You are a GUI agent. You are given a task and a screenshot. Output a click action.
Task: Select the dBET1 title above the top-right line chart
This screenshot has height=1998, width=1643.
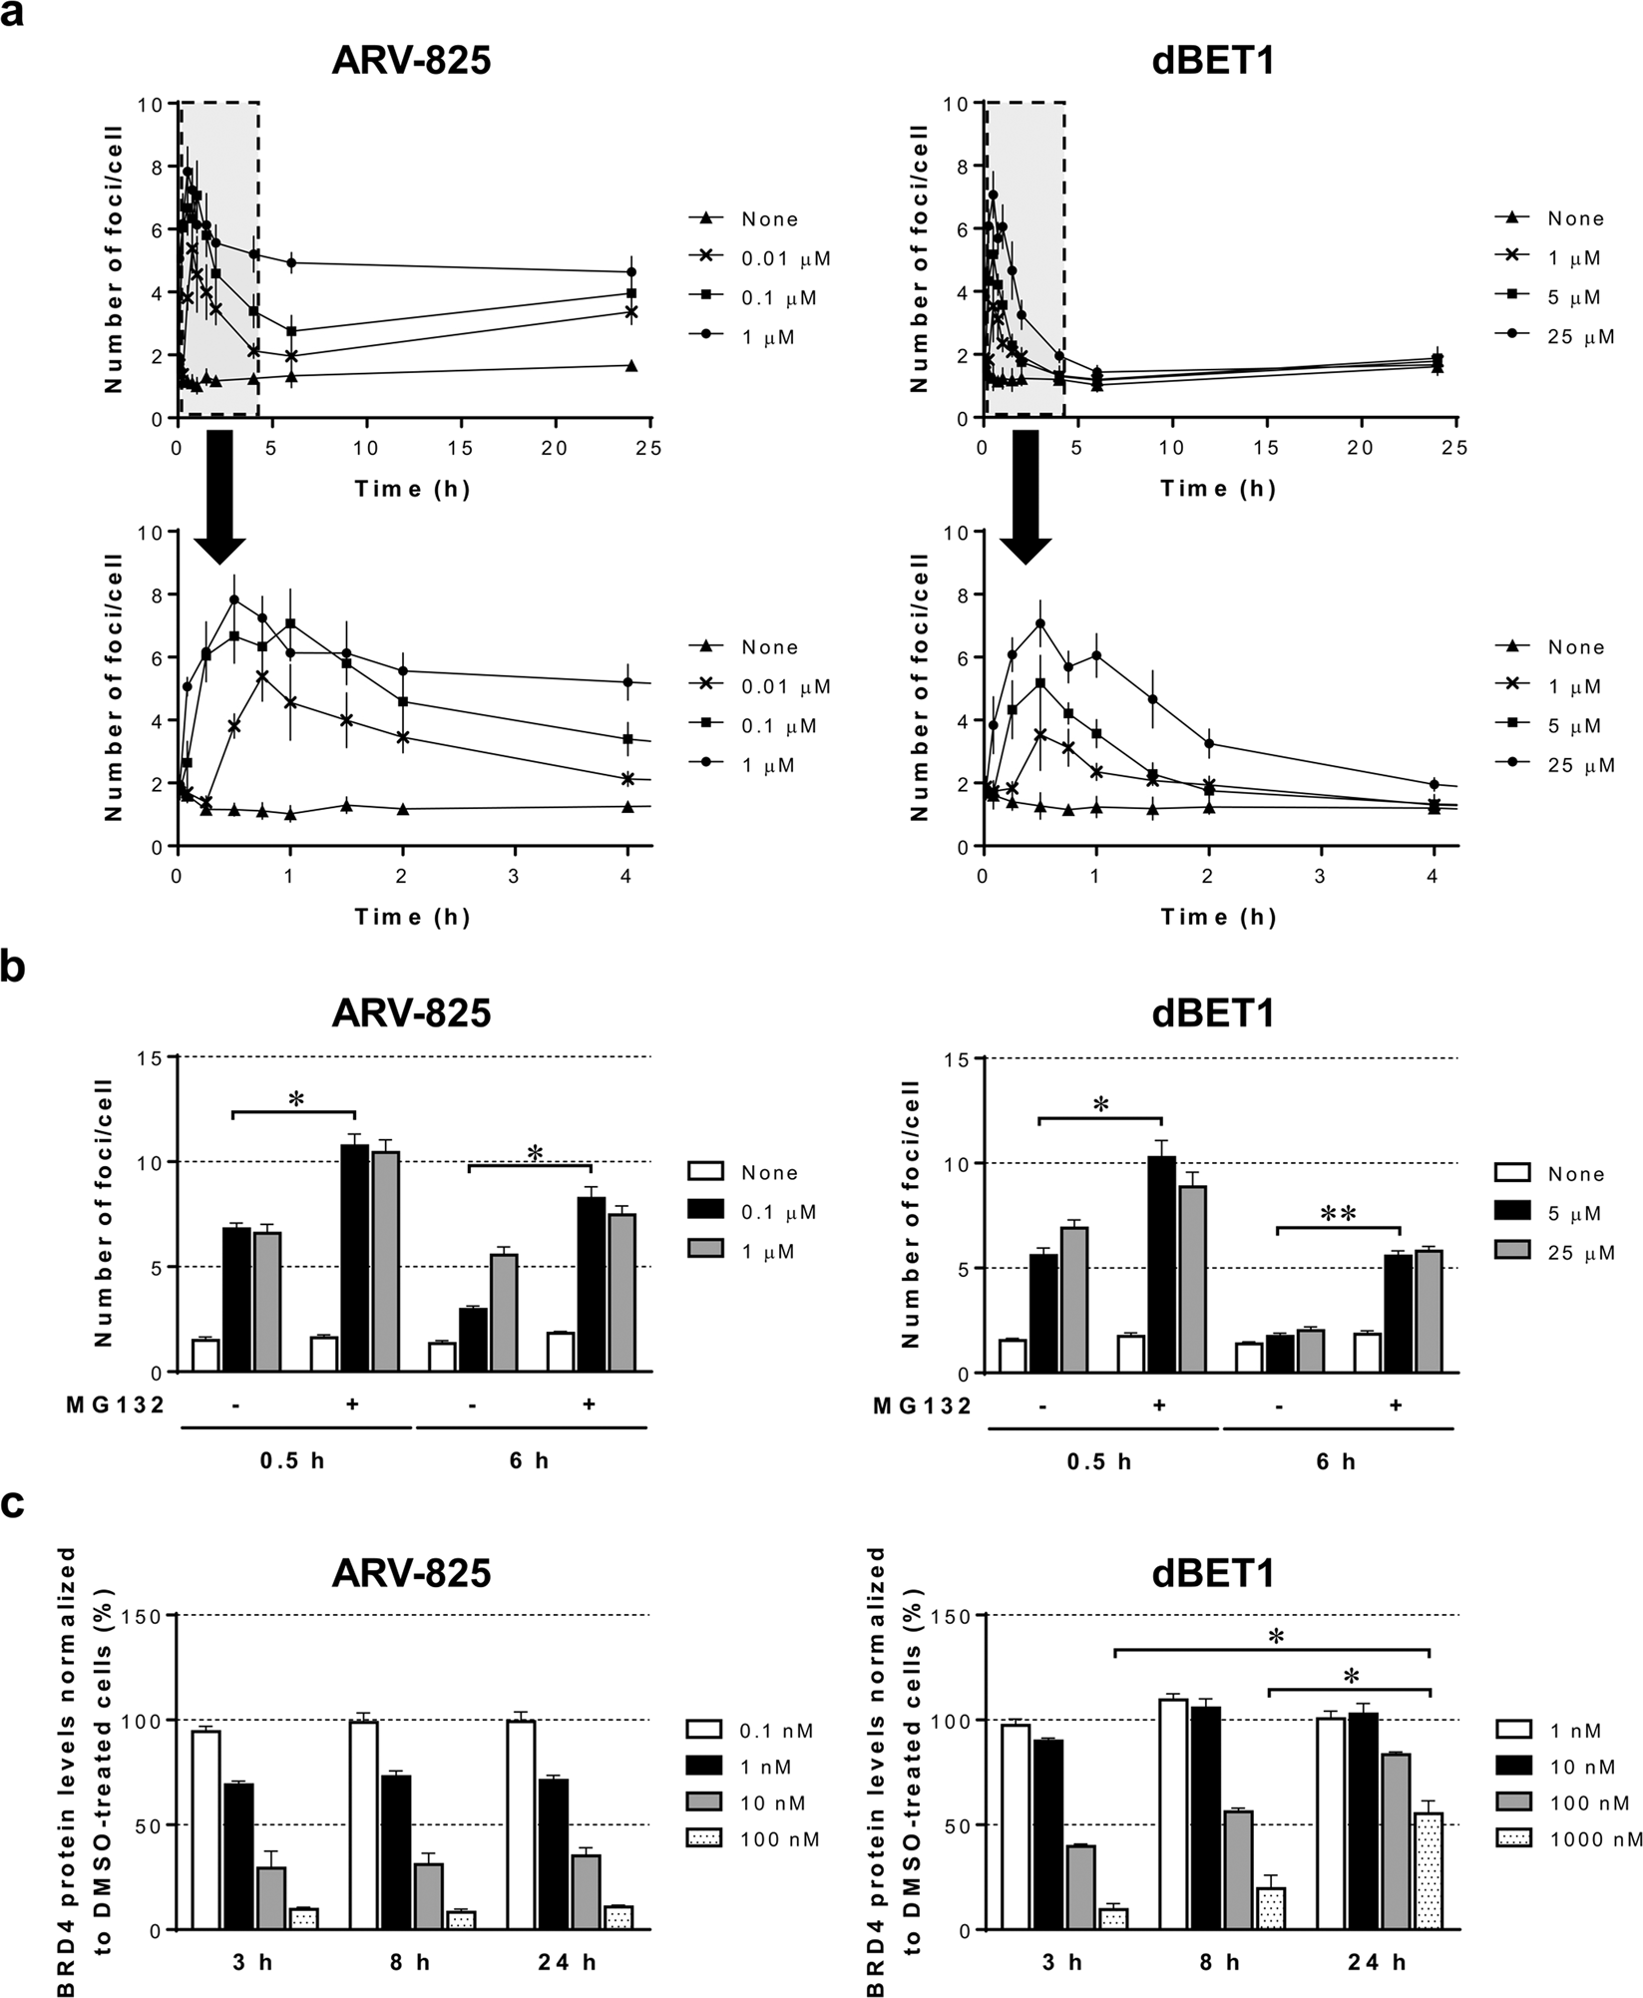click(1219, 62)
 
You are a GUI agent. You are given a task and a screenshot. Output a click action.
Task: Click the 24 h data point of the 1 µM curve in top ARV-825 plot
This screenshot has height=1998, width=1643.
click(630, 271)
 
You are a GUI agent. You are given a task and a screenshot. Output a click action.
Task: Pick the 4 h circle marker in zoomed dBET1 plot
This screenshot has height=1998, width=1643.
click(1435, 784)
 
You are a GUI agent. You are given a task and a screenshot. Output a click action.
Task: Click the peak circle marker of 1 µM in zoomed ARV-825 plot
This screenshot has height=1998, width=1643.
click(234, 599)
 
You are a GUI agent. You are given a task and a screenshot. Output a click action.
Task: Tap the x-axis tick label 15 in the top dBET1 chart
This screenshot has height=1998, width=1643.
click(1266, 448)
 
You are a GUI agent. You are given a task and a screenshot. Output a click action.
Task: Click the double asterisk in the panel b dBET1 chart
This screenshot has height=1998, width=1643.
click(1338, 1214)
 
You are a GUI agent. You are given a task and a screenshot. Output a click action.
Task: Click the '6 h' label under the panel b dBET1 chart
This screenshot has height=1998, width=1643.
click(1336, 1461)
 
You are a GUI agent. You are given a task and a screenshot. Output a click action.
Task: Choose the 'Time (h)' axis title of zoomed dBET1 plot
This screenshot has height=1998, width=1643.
click(1218, 917)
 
